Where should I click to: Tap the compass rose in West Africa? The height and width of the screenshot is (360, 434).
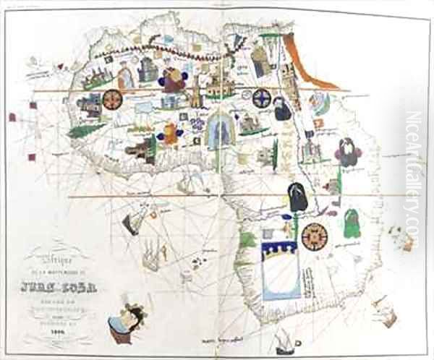[x=112, y=100]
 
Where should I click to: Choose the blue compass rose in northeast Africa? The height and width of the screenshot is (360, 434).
[x=261, y=97]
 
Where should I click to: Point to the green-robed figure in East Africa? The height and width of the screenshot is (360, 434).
[x=352, y=223]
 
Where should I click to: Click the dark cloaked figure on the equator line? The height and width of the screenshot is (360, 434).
[x=297, y=197]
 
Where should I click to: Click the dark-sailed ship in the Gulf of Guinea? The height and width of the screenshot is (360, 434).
[x=131, y=224]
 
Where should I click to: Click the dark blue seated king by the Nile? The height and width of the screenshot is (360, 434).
[x=282, y=108]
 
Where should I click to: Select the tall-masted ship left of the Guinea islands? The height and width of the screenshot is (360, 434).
[x=150, y=255]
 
